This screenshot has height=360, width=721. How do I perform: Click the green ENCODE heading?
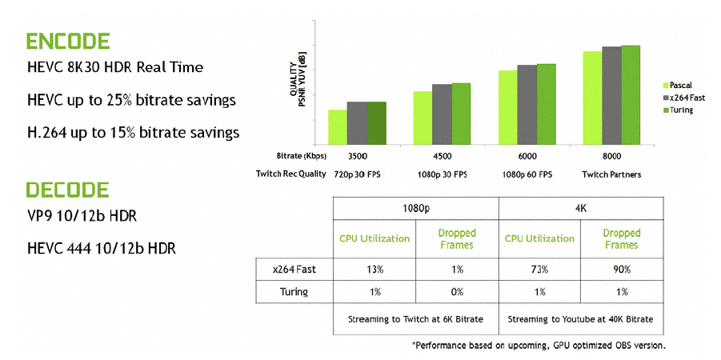(x=67, y=42)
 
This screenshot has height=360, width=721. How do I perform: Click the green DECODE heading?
(x=67, y=190)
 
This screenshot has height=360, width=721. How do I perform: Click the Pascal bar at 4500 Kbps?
(x=423, y=117)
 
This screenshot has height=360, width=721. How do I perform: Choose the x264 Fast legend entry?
(x=685, y=97)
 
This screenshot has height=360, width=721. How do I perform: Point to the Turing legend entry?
(x=681, y=110)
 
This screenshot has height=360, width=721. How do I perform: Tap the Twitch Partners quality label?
(x=611, y=174)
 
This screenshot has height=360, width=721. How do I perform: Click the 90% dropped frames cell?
(x=621, y=270)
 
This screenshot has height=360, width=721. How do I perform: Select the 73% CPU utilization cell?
(x=539, y=270)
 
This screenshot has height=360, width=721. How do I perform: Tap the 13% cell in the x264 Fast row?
(x=374, y=270)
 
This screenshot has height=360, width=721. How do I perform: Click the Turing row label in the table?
(x=294, y=292)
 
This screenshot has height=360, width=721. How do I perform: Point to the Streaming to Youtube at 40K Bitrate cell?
(x=580, y=319)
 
